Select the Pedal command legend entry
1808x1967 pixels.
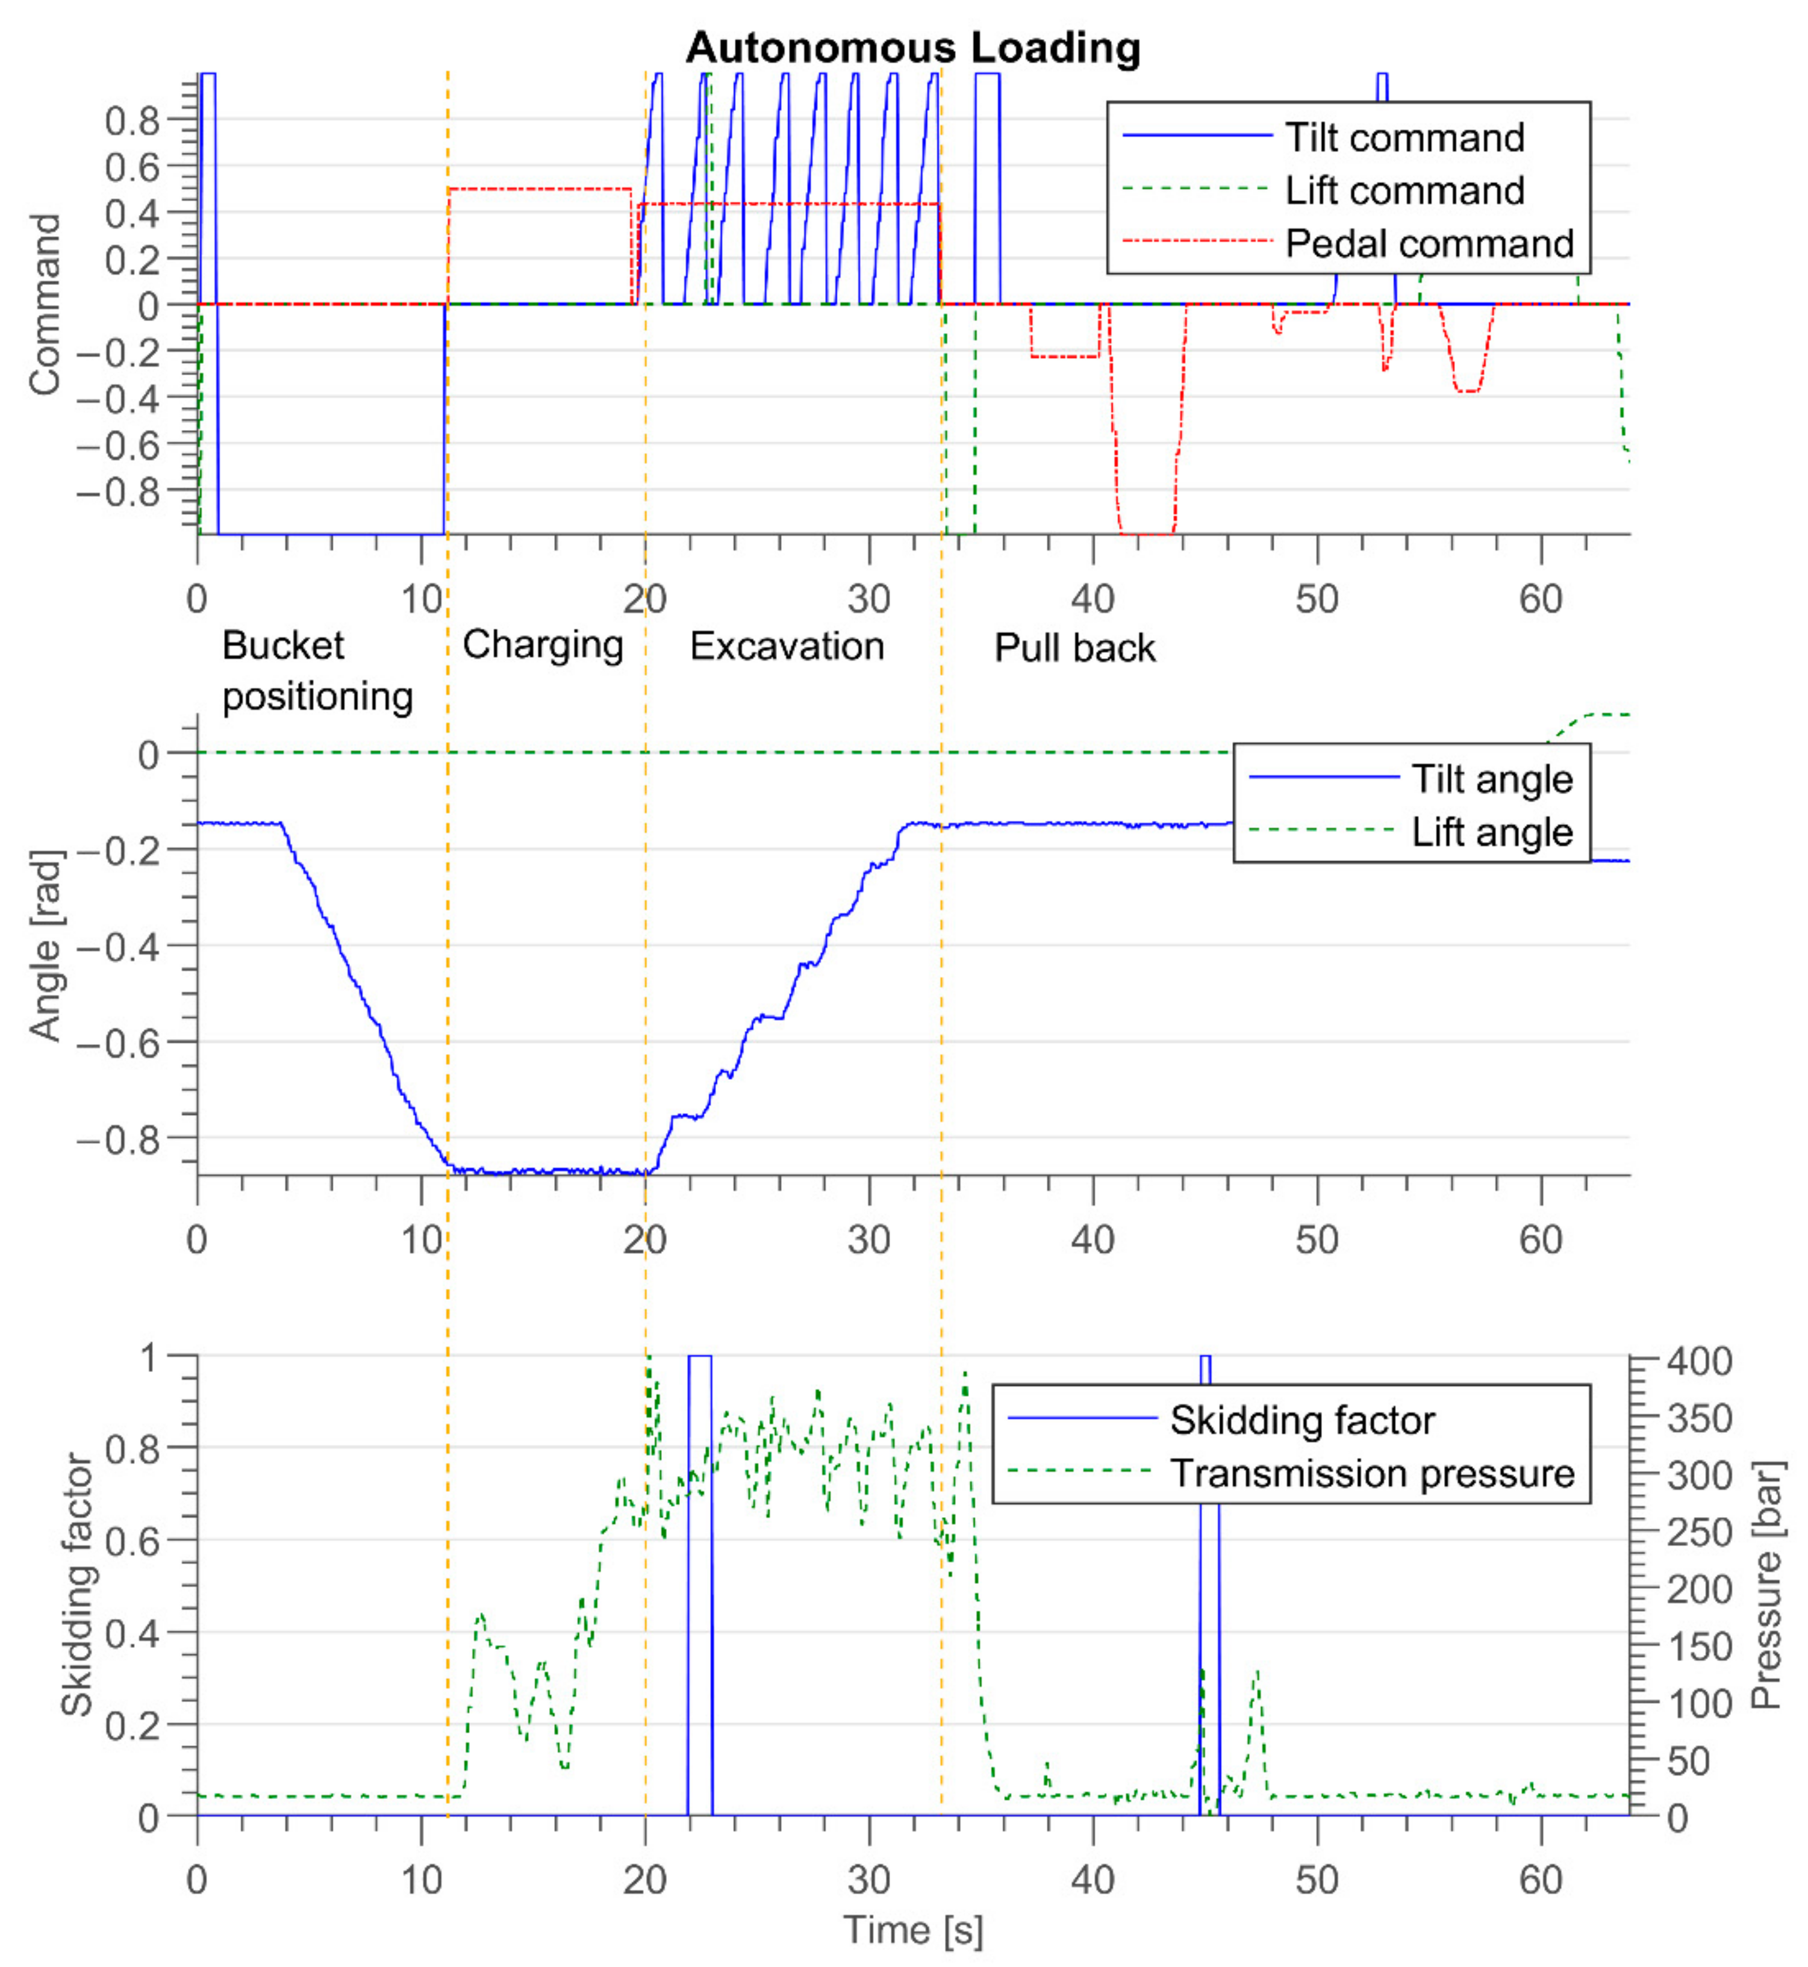1429,243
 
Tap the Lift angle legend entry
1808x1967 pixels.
1491,832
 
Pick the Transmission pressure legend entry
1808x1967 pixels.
1371,1473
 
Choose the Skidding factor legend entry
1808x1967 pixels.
1301,1420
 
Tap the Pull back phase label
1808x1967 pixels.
1074,647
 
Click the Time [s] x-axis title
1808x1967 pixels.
913,1930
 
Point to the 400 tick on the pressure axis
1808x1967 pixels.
1700,1361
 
